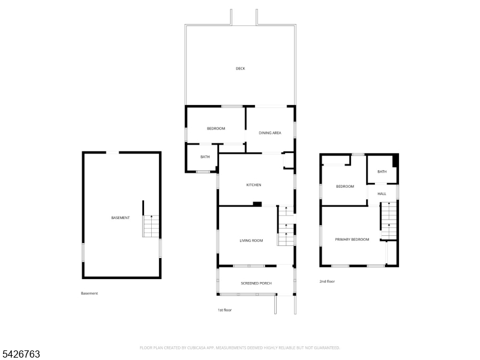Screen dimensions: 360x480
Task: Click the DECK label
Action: tap(240, 68)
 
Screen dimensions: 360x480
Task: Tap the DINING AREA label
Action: tap(270, 133)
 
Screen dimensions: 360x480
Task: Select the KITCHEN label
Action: tap(254, 185)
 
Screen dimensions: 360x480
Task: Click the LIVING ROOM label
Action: tap(251, 241)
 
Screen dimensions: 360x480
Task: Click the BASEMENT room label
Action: tap(121, 217)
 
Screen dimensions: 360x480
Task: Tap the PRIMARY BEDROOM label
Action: tap(352, 239)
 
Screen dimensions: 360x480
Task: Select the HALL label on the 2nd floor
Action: tap(382, 194)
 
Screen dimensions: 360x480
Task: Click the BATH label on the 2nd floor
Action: tap(382, 172)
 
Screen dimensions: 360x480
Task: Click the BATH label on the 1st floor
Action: tap(205, 157)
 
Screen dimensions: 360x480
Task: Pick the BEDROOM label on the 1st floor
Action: tap(216, 129)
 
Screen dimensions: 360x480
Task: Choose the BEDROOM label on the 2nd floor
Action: tap(345, 187)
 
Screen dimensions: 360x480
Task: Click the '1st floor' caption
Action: tap(224, 310)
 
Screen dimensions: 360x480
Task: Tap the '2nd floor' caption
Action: tap(327, 281)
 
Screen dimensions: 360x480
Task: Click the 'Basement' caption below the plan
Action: tap(89, 293)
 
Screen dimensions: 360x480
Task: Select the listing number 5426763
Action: tap(21, 354)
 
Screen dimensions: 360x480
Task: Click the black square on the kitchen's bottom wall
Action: tap(257, 204)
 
